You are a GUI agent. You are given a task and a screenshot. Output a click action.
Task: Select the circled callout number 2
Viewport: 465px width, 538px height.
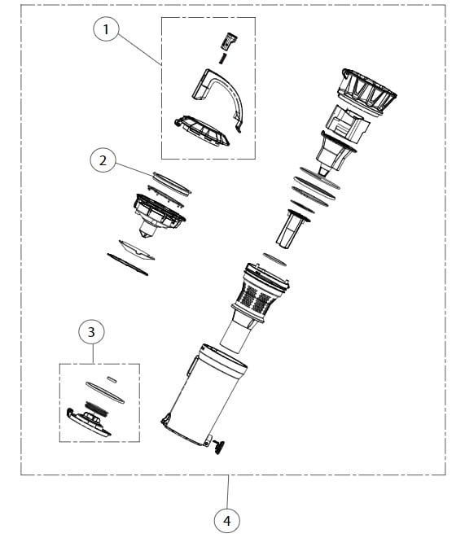pos(103,160)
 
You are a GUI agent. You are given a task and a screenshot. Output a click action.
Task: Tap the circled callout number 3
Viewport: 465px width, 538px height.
pos(91,332)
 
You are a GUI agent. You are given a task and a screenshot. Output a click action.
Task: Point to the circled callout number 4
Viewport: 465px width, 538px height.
pos(227,518)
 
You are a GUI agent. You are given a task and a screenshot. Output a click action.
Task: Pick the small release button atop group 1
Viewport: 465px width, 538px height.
pos(228,40)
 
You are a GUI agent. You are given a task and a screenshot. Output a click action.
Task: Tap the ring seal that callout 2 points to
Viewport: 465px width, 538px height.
pos(172,180)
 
